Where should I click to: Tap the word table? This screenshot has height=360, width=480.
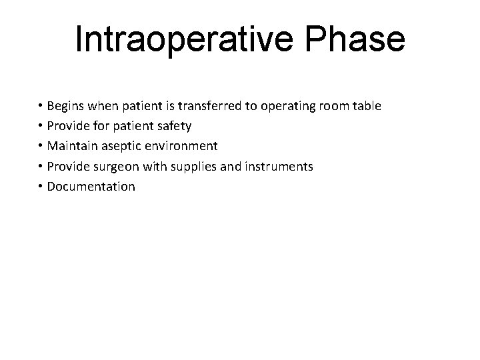[x=365, y=106]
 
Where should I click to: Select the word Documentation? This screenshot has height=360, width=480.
[x=91, y=186]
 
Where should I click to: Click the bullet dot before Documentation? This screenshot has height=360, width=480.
[x=41, y=187]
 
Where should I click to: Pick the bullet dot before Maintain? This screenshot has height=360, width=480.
[x=41, y=147]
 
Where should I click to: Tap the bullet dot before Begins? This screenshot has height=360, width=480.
[x=41, y=107]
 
